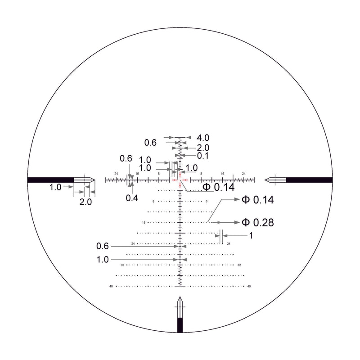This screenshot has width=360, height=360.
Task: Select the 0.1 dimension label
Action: click(x=203, y=156)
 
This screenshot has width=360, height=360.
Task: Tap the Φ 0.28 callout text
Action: click(x=258, y=222)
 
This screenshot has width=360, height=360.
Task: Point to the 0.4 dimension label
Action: click(x=132, y=198)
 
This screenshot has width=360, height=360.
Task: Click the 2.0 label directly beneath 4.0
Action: click(x=203, y=148)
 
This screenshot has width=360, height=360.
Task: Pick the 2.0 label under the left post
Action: click(x=85, y=202)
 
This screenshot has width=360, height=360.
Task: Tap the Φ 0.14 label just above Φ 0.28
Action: click(x=258, y=200)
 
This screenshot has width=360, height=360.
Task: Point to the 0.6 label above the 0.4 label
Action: click(x=126, y=158)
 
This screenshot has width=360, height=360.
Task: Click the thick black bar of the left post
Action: click(x=50, y=180)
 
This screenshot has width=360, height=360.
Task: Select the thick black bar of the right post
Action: click(x=309, y=180)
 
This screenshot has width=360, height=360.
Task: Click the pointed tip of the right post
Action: click(x=266, y=180)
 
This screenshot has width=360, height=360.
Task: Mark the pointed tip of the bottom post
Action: click(x=180, y=297)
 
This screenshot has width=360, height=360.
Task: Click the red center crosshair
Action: click(x=180, y=180)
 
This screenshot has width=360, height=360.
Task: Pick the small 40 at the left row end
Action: click(x=111, y=286)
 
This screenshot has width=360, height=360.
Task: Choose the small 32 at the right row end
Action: click(x=239, y=265)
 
